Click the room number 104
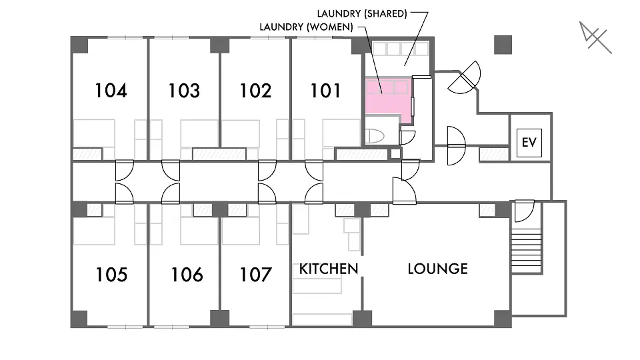[111, 90]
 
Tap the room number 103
[184, 90]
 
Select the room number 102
[255, 90]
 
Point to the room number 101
[325, 90]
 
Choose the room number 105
[111, 275]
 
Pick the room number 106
[187, 275]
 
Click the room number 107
[255, 275]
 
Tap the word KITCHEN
[329, 269]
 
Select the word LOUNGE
[437, 269]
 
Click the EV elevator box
[529, 143]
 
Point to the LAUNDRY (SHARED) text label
[362, 13]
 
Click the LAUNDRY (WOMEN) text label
[306, 27]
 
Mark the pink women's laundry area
[388, 98]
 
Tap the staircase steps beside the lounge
[526, 250]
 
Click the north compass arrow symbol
[595, 37]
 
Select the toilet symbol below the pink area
[374, 136]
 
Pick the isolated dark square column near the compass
[503, 45]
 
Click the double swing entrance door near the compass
[465, 77]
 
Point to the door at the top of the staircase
[524, 211]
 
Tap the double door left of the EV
[456, 146]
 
